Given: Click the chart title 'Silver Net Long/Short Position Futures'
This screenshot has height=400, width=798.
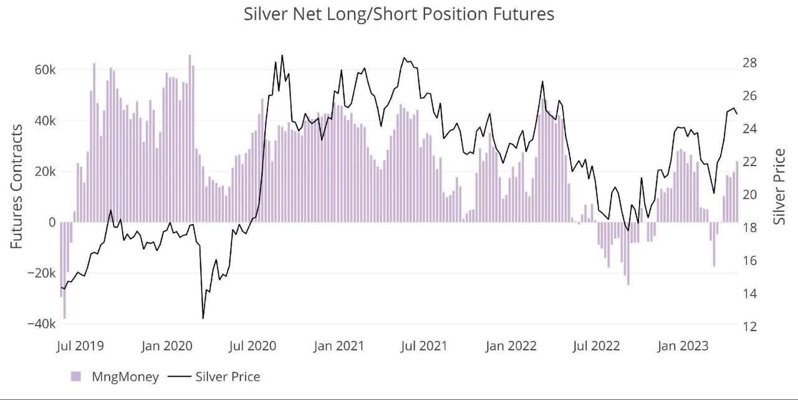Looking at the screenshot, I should tap(399, 14).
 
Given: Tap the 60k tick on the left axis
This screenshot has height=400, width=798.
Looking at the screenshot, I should tap(44, 70).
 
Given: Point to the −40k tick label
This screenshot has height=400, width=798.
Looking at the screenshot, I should tap(41, 324).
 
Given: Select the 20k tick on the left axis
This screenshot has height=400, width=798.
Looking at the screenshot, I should tap(44, 172).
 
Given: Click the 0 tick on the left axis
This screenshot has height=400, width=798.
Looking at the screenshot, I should tap(52, 222).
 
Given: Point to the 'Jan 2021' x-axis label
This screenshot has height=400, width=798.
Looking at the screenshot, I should tap(339, 346).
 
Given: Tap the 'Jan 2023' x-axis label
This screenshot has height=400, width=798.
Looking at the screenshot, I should tap(684, 346).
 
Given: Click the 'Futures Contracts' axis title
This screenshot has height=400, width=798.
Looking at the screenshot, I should tap(17, 186).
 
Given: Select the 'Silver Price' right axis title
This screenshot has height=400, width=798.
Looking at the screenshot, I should tap(779, 186).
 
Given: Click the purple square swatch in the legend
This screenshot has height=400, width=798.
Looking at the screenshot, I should tap(76, 376).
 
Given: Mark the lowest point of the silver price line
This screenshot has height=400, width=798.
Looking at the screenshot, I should tap(203, 318).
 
